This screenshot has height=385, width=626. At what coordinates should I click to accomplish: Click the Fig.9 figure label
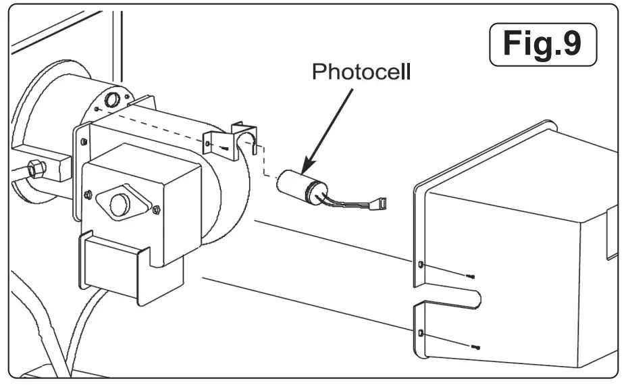click(542, 45)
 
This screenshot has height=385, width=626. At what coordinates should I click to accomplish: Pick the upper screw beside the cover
click(471, 276)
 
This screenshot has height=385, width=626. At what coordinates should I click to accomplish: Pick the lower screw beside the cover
click(475, 346)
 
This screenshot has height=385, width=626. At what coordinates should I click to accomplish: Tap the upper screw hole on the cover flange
click(421, 264)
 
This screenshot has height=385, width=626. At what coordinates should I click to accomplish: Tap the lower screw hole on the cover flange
click(421, 334)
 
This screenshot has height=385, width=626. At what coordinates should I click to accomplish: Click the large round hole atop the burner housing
click(113, 101)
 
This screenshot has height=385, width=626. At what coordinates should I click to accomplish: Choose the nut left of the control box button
click(88, 195)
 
